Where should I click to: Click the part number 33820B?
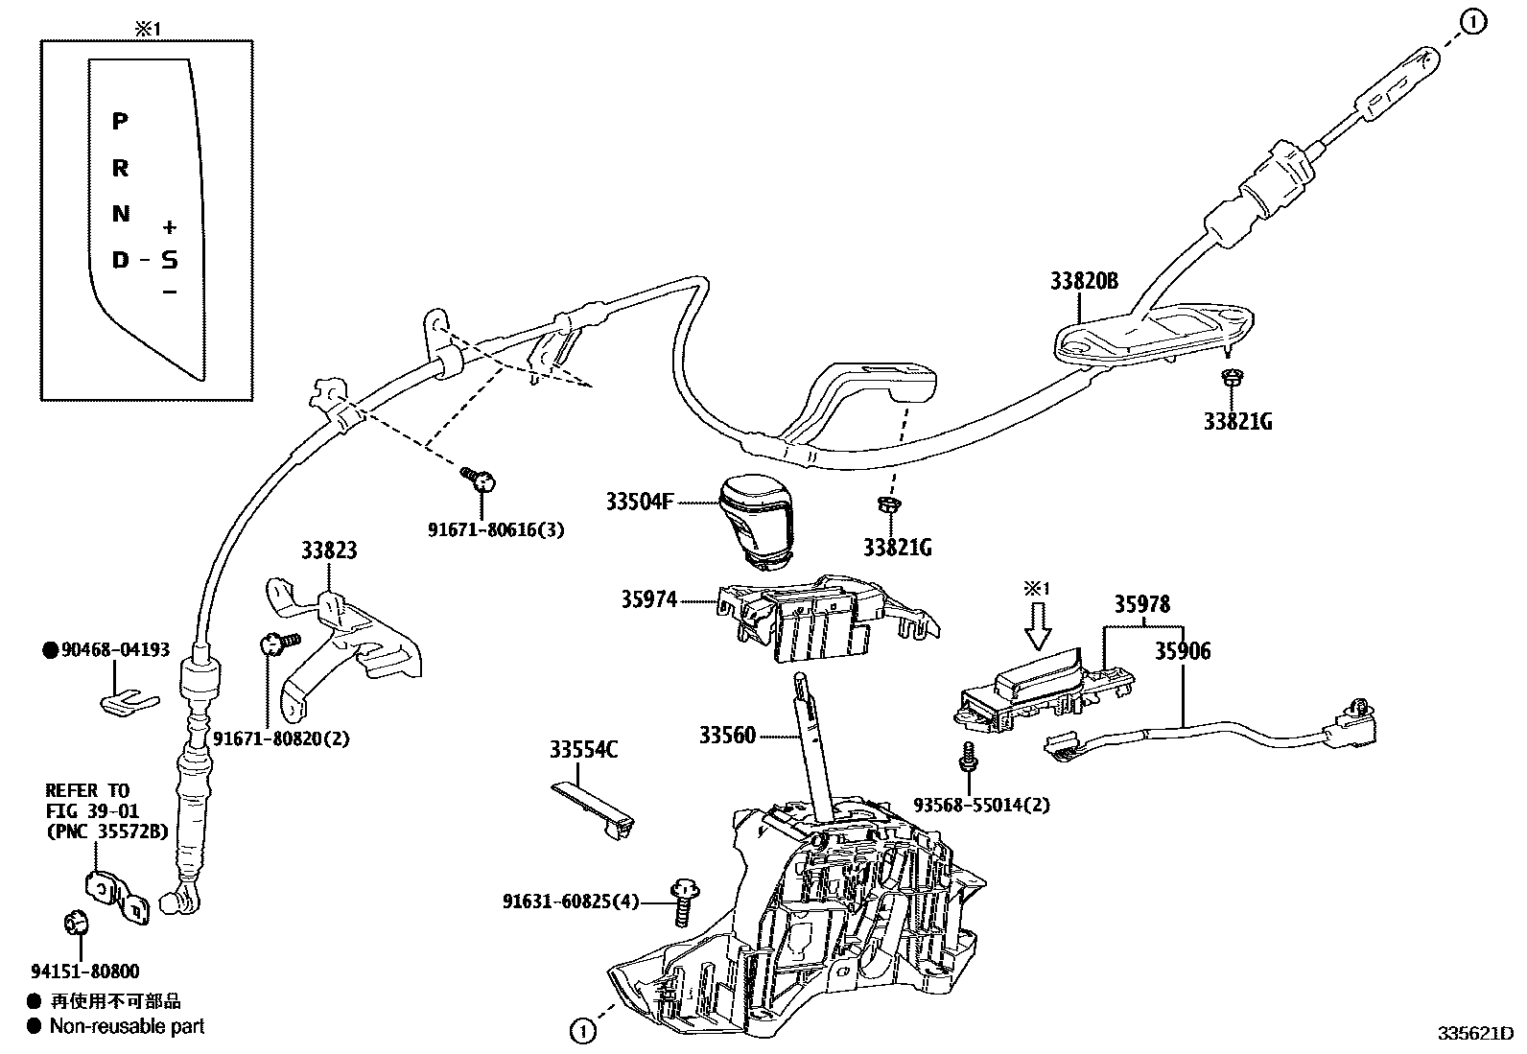coord(1084,281)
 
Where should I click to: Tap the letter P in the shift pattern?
coord(120,122)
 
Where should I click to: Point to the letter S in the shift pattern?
coord(169,260)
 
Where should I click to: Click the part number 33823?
coord(329,550)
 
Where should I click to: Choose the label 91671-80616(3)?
coord(496,529)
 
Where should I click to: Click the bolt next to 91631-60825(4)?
coord(684,901)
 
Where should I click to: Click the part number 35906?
coord(1182,651)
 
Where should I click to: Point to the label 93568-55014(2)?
coord(967,805)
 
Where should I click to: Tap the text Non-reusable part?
coord(127,1026)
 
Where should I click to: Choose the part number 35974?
coord(648,599)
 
